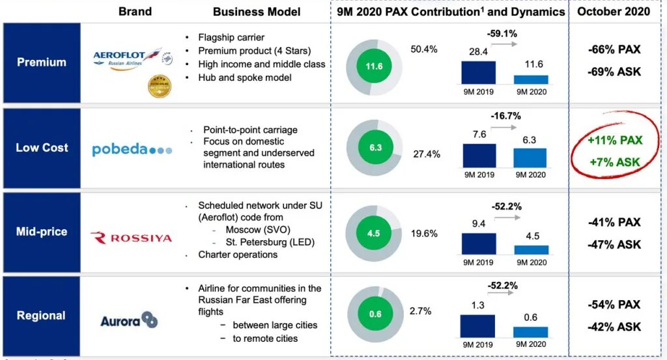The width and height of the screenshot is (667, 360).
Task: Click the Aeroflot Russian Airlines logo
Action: coord(126,56)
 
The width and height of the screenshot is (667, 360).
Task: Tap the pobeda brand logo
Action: coord(132,149)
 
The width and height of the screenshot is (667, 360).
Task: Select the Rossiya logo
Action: coord(131,238)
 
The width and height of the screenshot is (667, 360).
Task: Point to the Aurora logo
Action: coord(129,320)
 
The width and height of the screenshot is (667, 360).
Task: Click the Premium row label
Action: coord(42,62)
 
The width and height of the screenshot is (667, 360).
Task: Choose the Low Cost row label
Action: coord(42,148)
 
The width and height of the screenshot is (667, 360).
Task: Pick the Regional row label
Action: coord(41,316)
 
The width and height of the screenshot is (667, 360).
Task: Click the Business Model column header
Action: coord(257,12)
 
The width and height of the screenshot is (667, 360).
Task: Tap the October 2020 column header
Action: coord(614,12)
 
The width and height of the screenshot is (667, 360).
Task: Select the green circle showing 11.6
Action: coord(374,66)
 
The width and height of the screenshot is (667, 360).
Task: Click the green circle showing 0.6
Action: coord(375,314)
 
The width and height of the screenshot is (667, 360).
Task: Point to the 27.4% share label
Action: coord(427,154)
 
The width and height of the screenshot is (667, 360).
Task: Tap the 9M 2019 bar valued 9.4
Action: coord(478,243)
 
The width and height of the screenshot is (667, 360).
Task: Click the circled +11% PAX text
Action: coord(614,140)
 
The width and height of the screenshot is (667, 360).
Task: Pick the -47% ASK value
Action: coord(614,245)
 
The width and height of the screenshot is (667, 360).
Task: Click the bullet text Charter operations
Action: coord(238,255)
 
